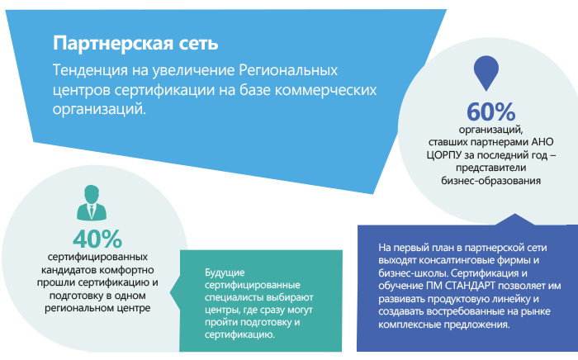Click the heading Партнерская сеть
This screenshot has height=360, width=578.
[x=135, y=44]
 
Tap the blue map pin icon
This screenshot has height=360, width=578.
[x=486, y=73]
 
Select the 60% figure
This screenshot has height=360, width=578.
[x=491, y=111]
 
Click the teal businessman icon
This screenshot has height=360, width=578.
[x=92, y=202]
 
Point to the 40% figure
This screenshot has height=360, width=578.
[x=97, y=239]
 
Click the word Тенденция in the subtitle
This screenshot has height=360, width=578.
[x=90, y=70]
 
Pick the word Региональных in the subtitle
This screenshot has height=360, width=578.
[x=288, y=70]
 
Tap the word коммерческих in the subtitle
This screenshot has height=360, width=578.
[x=326, y=90]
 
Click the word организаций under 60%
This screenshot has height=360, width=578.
[x=490, y=130]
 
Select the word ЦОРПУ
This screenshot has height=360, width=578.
[x=444, y=155]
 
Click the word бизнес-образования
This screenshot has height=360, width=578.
[x=491, y=181]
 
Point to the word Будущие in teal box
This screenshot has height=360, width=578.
[x=225, y=273]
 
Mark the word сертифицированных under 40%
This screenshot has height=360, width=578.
[x=97, y=257]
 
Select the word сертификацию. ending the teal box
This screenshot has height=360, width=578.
[x=239, y=335]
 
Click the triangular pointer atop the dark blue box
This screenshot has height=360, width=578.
[x=514, y=220]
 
